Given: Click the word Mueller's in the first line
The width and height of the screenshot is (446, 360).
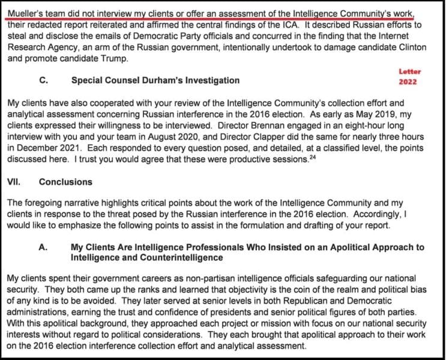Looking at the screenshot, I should [24, 11].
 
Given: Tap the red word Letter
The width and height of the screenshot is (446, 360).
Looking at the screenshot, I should [409, 71].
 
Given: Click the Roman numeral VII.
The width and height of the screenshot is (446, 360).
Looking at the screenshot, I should [14, 181].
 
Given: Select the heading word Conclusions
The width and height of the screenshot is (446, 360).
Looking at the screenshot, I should [66, 181].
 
